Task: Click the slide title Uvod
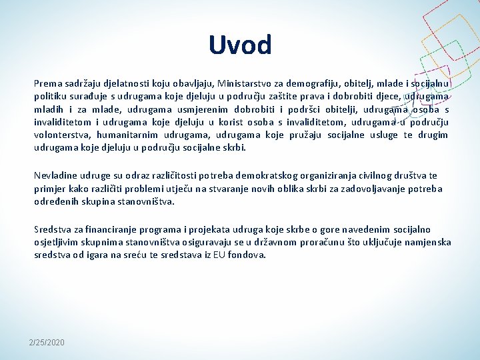coord(240,45)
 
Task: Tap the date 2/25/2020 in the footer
coord(47,342)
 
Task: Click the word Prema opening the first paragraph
coord(47,84)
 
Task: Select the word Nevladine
coord(55,176)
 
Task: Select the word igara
coord(107,255)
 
